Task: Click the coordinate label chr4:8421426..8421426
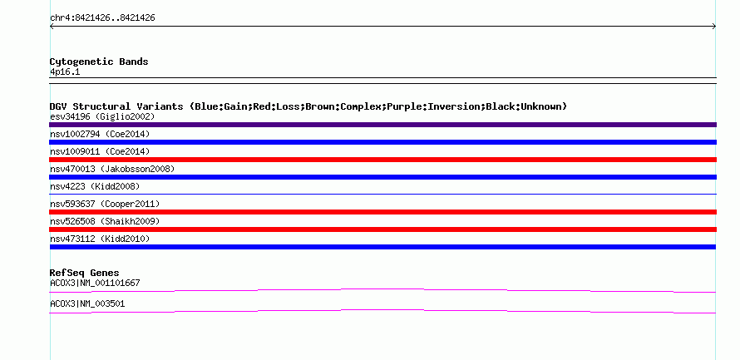click(x=102, y=18)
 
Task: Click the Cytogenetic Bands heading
click(x=99, y=62)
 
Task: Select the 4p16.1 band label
click(x=65, y=72)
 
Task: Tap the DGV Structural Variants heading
click(x=308, y=106)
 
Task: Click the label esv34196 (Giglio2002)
click(x=102, y=116)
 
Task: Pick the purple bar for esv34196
click(x=382, y=125)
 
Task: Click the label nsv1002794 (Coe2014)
click(x=100, y=134)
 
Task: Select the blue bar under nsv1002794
click(x=382, y=142)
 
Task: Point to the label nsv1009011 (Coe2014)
click(x=100, y=151)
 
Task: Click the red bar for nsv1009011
click(x=382, y=160)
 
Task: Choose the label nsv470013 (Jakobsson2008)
click(x=112, y=169)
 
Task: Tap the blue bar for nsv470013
click(x=382, y=177)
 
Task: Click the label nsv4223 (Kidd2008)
click(x=95, y=186)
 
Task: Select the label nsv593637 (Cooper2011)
click(x=105, y=204)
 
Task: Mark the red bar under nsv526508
click(x=382, y=229)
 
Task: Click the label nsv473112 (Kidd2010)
click(x=100, y=239)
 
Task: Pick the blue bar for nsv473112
click(x=382, y=247)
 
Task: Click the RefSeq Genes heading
click(x=85, y=273)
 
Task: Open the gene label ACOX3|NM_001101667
click(x=95, y=283)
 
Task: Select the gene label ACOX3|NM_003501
click(x=87, y=303)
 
